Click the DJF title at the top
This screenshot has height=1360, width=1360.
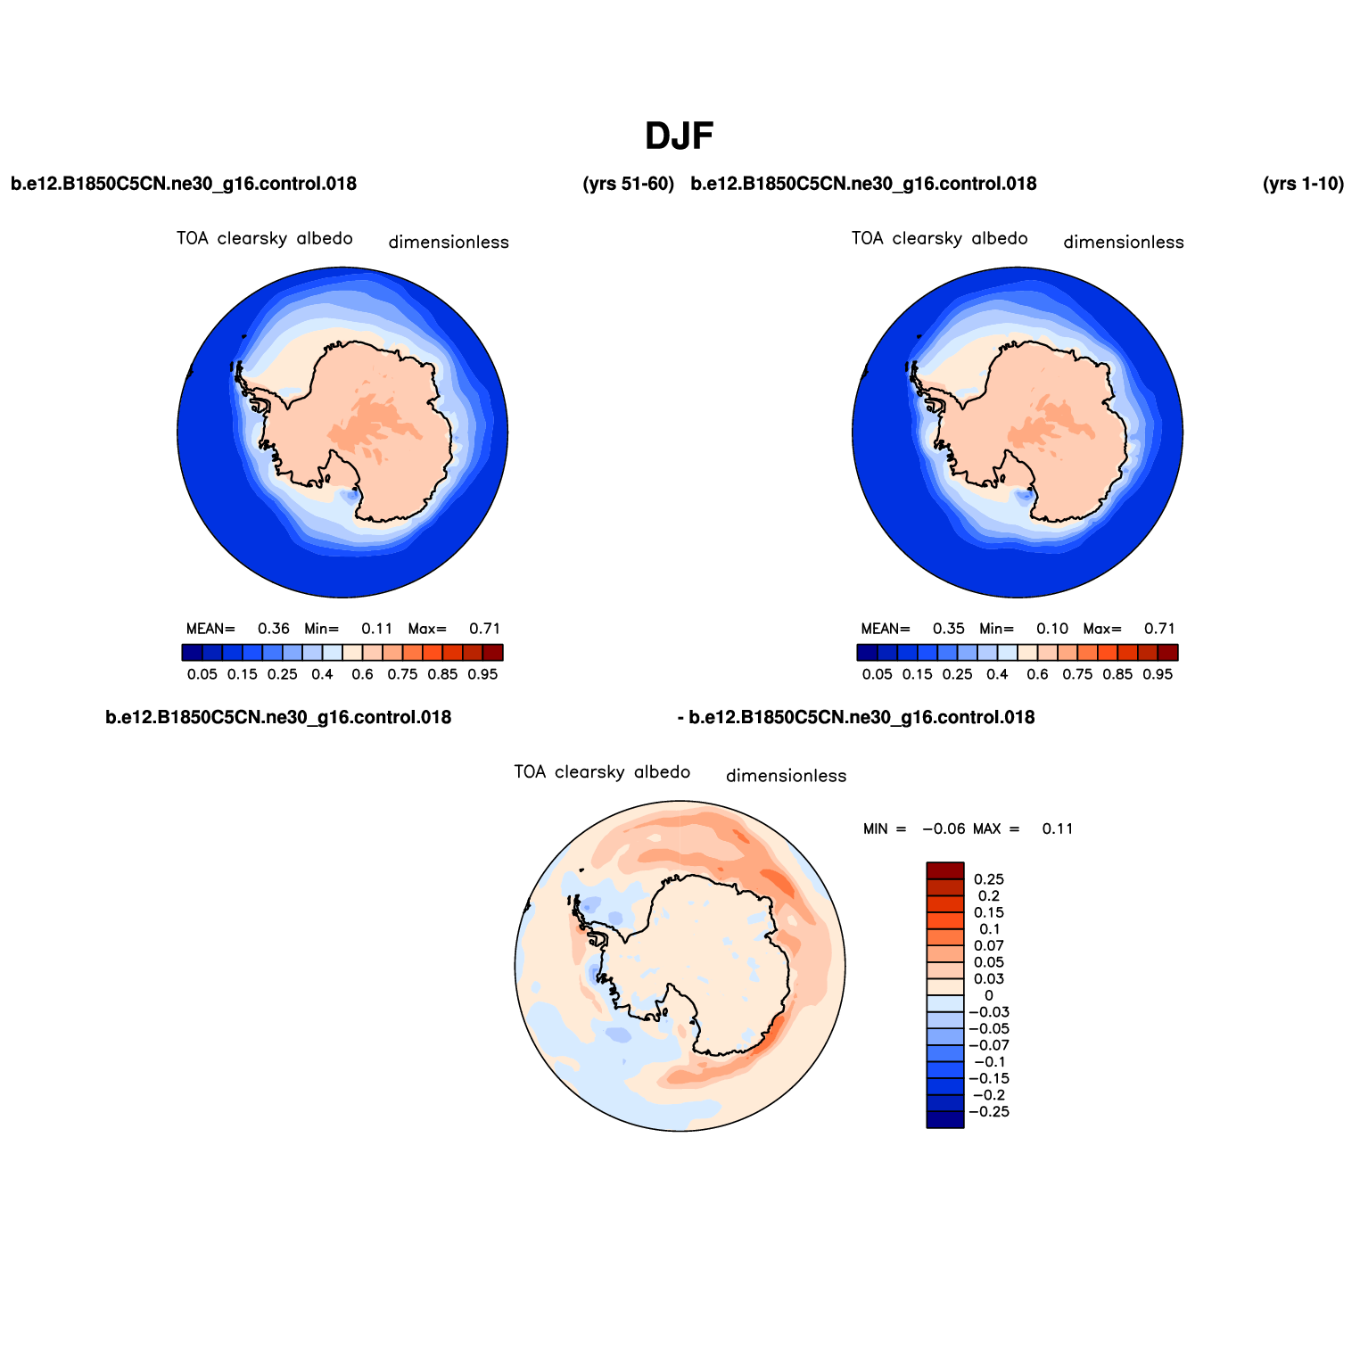click(680, 136)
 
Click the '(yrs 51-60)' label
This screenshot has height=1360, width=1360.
click(629, 184)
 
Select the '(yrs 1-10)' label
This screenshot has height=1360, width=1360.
click(1304, 184)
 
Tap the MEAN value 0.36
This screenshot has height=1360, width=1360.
click(274, 629)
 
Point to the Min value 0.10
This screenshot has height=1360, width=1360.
click(1052, 629)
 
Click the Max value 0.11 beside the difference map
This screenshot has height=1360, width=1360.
click(1058, 828)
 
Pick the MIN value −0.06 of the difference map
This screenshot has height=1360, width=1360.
click(944, 828)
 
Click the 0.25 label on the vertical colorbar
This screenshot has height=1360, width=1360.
click(989, 879)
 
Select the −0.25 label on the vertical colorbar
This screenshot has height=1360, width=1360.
click(989, 1112)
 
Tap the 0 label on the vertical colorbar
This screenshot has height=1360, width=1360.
click(989, 995)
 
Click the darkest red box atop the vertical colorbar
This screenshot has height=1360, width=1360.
click(945, 871)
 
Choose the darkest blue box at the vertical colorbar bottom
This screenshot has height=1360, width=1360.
click(945, 1120)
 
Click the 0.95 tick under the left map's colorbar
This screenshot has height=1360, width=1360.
click(482, 674)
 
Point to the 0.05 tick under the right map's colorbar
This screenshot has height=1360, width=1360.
click(878, 674)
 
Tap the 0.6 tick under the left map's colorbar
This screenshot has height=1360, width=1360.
click(362, 674)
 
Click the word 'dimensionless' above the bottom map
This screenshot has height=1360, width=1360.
click(787, 776)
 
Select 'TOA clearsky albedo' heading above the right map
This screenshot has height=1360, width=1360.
click(940, 239)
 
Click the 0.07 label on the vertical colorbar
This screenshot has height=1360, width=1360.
click(989, 946)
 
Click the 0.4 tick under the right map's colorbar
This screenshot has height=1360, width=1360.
click(998, 674)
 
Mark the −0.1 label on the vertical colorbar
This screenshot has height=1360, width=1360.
click(989, 1062)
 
